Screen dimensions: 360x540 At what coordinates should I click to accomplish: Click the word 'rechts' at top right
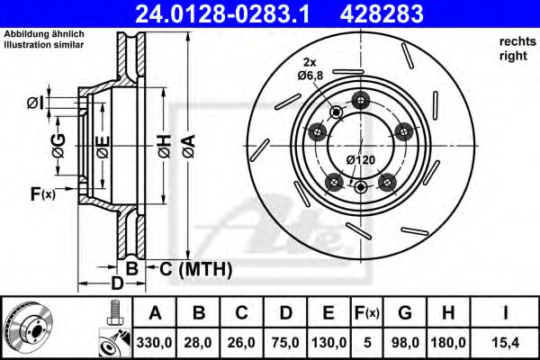click(514, 42)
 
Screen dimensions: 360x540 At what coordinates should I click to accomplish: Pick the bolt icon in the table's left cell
click(113, 312)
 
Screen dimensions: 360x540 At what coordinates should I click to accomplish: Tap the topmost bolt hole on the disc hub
click(362, 99)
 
